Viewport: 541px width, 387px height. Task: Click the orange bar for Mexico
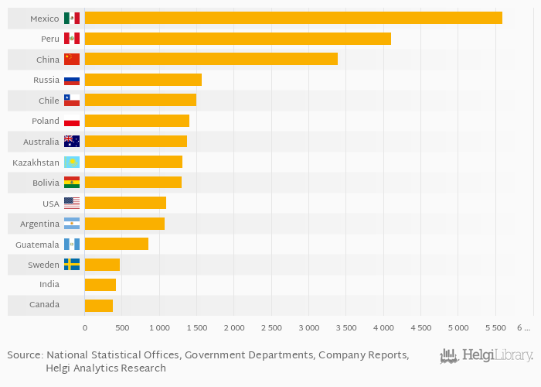point(294,18)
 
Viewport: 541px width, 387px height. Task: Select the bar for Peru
point(238,39)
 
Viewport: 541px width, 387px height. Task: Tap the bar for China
point(211,59)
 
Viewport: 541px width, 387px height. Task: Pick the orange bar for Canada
point(99,305)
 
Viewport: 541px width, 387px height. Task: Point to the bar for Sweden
point(102,265)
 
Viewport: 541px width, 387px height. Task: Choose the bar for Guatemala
point(117,244)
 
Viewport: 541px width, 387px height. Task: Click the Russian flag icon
point(72,80)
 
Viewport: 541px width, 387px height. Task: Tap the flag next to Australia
point(72,142)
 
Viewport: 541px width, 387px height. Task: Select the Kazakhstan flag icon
point(72,162)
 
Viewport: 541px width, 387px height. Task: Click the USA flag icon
point(72,203)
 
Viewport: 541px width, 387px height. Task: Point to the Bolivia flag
point(72,183)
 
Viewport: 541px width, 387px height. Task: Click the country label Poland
point(46,121)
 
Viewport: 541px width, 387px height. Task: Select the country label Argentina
point(40,224)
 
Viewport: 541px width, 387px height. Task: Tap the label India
point(49,285)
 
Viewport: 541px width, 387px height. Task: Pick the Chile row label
point(49,101)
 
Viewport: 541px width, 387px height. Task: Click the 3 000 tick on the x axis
point(308,328)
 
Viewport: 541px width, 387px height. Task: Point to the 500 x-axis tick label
point(122,328)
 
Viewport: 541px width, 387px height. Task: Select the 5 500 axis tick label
point(495,328)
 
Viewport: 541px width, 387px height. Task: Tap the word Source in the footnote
point(24,354)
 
